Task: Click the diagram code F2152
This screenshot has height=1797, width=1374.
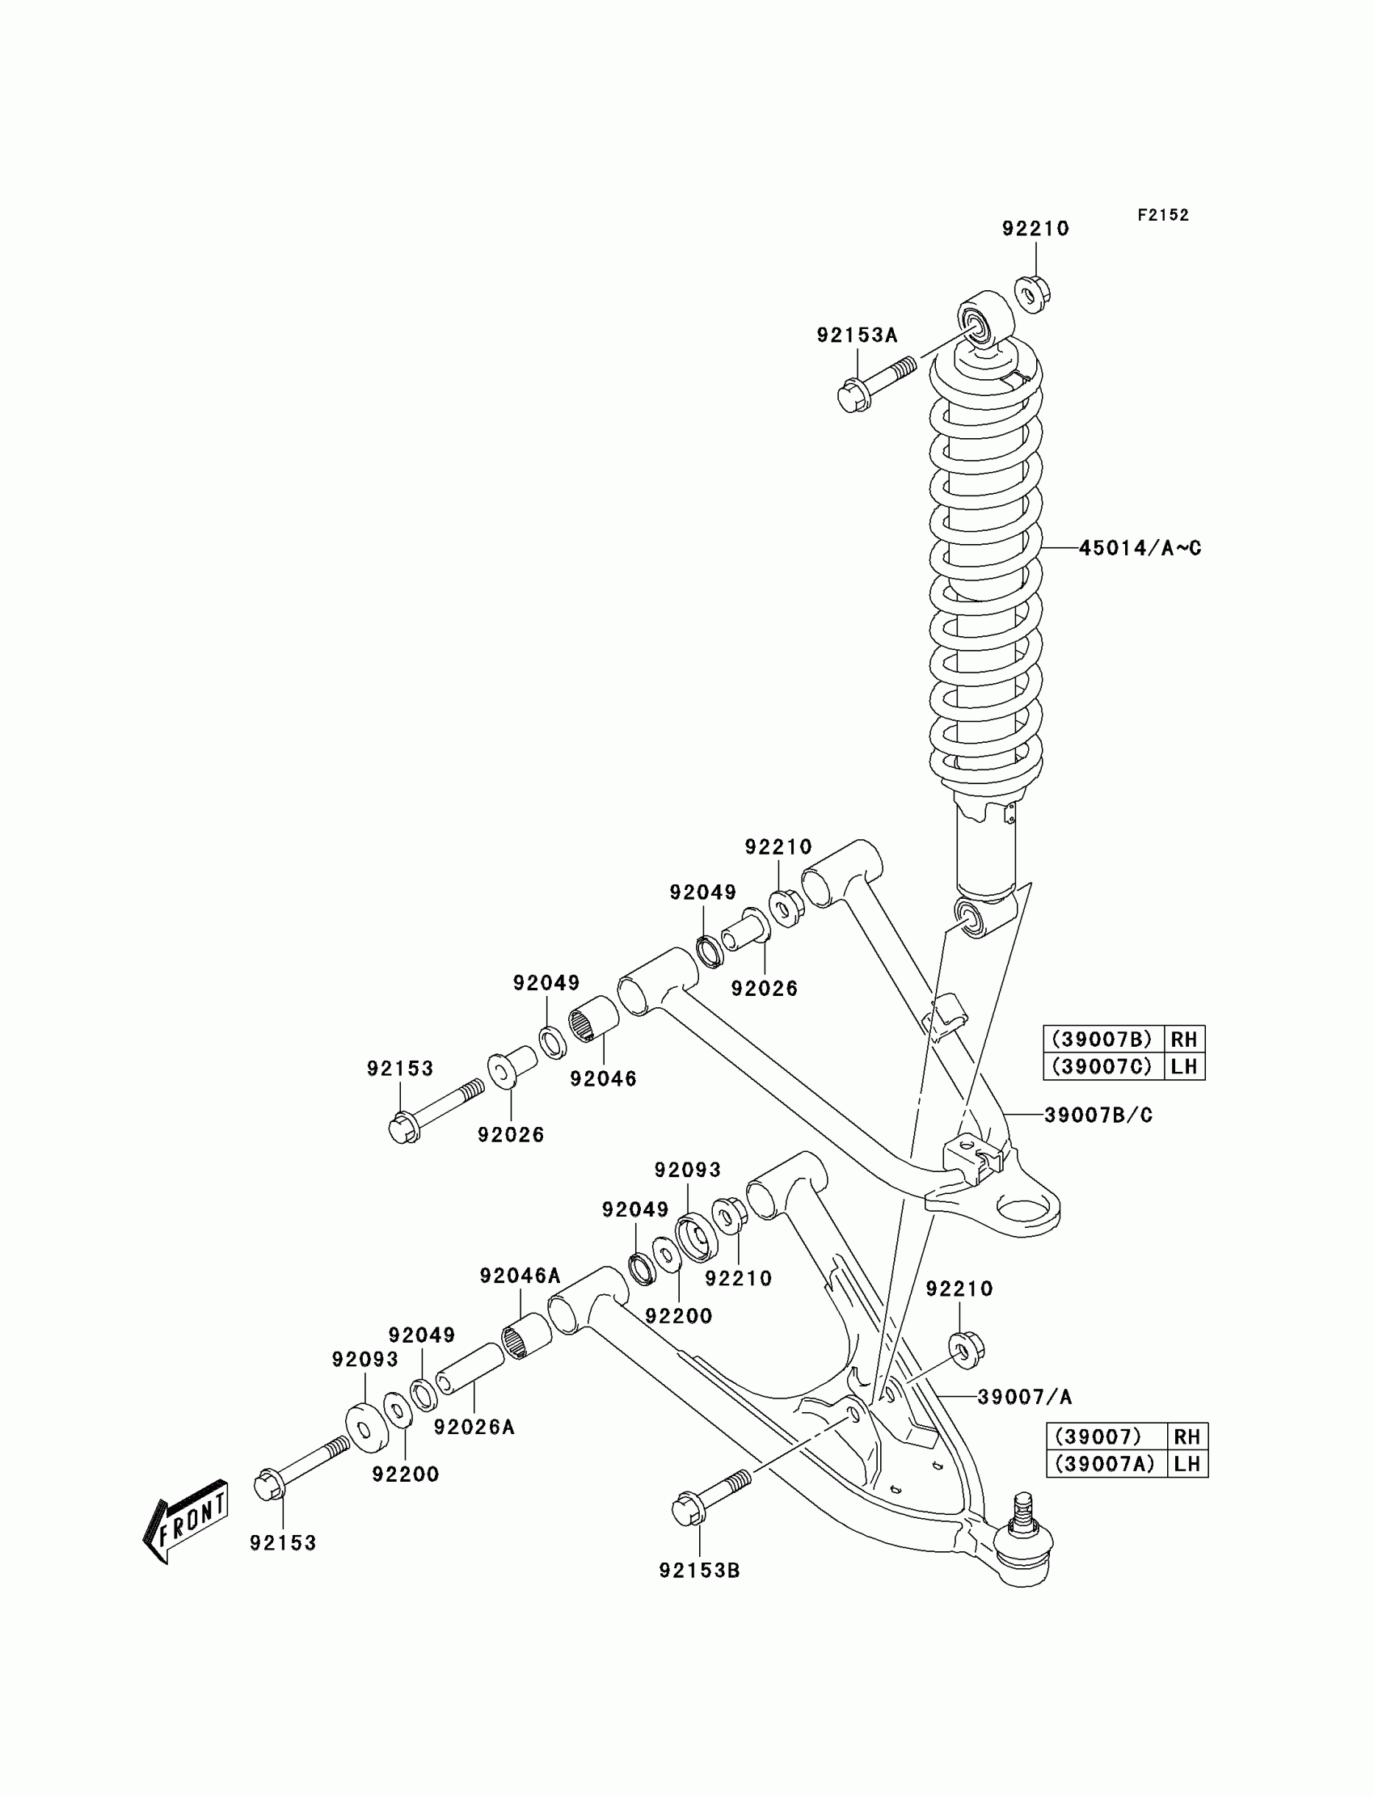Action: tap(1162, 215)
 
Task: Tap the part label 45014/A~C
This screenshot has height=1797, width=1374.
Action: tap(1140, 548)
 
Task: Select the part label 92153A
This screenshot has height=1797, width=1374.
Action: tap(856, 335)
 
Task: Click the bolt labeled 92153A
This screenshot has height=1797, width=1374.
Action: tap(872, 386)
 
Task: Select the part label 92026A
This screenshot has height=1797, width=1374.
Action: tap(474, 1427)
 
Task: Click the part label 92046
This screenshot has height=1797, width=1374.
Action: tap(603, 1079)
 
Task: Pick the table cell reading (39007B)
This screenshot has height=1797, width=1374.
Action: tap(1102, 1040)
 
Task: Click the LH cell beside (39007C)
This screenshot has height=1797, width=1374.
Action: tap(1183, 1066)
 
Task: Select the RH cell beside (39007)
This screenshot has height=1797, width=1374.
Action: tap(1186, 1436)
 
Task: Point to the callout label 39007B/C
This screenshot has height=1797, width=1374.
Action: tap(1098, 1115)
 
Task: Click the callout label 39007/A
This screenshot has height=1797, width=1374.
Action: tap(1024, 1397)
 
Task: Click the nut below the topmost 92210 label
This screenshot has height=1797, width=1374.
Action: tap(1033, 293)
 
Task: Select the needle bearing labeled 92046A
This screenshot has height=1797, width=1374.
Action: tap(526, 1335)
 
